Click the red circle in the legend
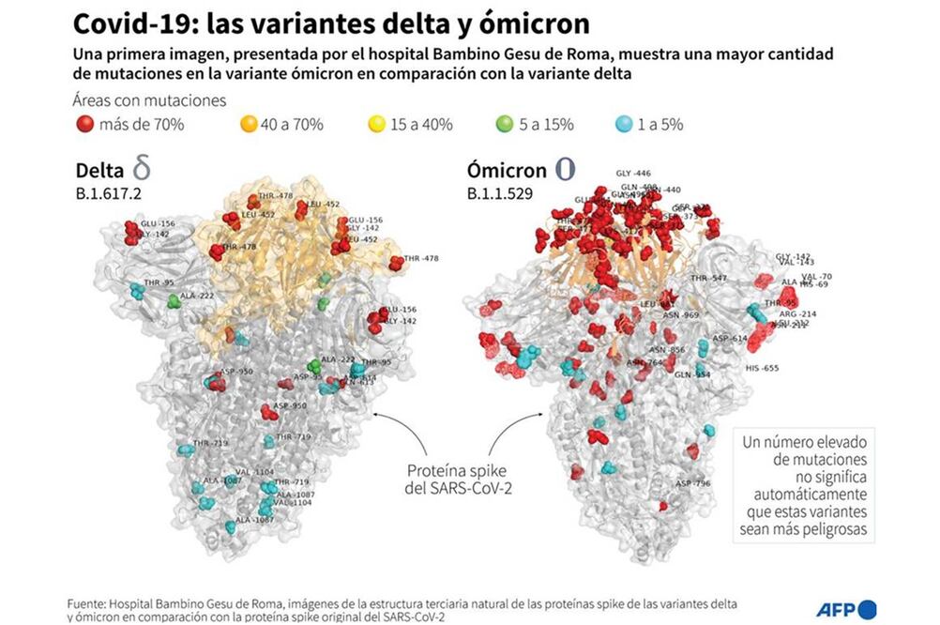point(85,123)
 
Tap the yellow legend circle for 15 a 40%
point(377,123)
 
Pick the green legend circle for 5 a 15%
point(505,123)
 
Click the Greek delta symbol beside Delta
point(142,170)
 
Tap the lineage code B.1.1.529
point(502,195)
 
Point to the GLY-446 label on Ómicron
point(633,174)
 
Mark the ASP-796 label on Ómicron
point(696,484)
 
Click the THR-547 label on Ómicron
point(709,279)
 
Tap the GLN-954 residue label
point(692,374)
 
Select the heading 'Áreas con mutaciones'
point(148,100)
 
